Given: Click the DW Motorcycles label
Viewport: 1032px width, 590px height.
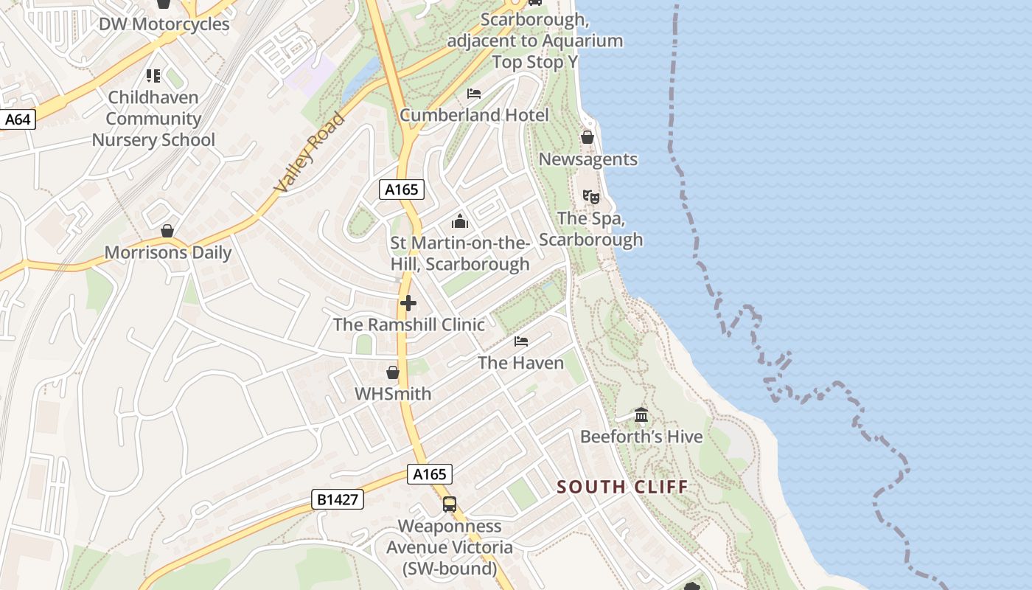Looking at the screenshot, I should click(164, 24).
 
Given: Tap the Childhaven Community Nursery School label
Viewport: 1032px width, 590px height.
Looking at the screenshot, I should click(153, 119).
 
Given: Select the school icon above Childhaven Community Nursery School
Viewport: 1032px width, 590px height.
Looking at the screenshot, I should click(153, 75).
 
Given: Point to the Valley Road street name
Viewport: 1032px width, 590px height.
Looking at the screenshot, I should click(309, 153).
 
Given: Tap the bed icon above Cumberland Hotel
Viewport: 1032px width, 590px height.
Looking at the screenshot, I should click(474, 94).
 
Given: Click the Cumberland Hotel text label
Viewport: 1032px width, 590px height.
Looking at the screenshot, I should click(474, 115).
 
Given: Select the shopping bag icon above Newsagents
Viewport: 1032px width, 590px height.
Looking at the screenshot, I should click(588, 137).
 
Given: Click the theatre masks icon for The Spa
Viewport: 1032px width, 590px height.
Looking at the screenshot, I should click(590, 196).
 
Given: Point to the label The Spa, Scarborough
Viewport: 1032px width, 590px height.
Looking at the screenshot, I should click(590, 229).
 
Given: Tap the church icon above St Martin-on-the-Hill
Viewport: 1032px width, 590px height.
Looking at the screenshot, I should click(460, 221).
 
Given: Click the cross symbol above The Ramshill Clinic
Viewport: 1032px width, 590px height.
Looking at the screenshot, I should click(408, 303).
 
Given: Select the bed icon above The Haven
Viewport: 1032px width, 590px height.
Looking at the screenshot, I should click(521, 341).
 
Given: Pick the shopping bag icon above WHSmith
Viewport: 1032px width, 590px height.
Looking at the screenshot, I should click(393, 372).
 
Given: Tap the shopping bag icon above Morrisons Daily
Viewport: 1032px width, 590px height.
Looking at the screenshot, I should click(168, 231).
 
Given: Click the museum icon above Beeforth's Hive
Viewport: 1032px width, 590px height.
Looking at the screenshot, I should click(641, 415).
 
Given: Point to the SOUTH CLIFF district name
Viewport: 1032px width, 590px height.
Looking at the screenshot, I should click(622, 487).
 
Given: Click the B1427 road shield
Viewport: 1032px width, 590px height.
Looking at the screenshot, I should click(338, 500).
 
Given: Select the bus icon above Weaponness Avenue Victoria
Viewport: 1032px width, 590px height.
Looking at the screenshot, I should click(450, 504).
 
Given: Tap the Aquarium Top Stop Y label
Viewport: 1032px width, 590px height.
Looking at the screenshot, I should click(534, 41).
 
